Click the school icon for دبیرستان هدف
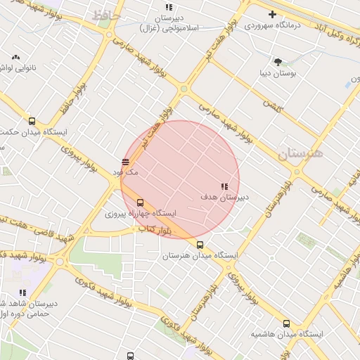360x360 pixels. click(x=224, y=186)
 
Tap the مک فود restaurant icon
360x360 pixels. click(x=125, y=162)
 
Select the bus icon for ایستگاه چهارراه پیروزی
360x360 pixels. click(x=140, y=202)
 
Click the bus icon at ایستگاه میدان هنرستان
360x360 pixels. click(x=200, y=245)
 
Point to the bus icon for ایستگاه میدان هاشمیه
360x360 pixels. click(x=285, y=323)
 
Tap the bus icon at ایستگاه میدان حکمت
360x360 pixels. click(x=32, y=121)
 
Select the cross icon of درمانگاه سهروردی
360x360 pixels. click(x=272, y=14)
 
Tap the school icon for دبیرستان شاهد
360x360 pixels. click(x=22, y=292)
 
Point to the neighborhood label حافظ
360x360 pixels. click(x=105, y=15)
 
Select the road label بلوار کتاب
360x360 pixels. click(x=154, y=229)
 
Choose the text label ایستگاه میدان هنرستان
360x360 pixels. click(x=200, y=257)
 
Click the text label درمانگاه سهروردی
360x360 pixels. click(x=272, y=25)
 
